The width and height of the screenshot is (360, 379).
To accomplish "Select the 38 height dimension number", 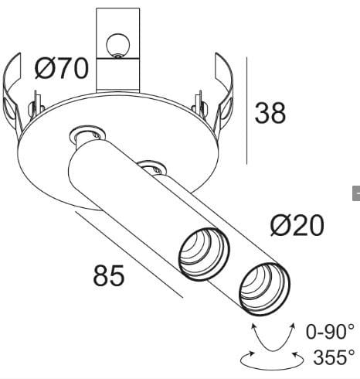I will tap(270, 113).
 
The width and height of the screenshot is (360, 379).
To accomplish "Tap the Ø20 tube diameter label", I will tap(297, 226).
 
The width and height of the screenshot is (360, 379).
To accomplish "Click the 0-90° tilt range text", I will tap(331, 333).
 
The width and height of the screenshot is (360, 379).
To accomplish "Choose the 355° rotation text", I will tap(334, 357).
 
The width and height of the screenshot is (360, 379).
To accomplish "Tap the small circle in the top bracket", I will tap(118, 45).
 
